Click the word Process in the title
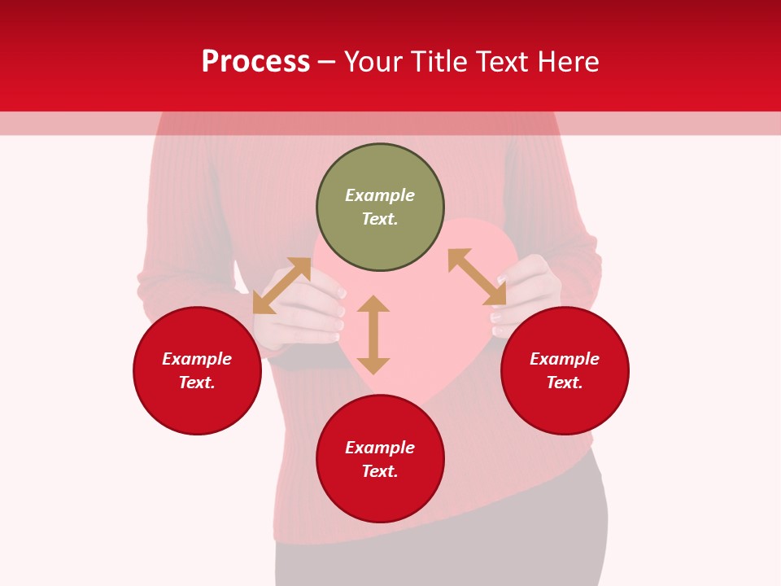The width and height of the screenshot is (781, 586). click(255, 62)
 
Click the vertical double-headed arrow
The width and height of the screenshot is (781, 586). click(373, 335)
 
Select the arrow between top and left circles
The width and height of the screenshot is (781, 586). click(281, 286)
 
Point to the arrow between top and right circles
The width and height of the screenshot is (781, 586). click(477, 277)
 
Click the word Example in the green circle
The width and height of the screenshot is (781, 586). click(380, 195)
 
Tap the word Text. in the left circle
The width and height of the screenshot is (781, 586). click(197, 383)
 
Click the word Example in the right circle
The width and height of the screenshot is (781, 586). click(565, 359)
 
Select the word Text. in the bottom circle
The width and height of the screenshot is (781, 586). click(380, 471)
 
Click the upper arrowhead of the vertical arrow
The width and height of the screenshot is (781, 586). click(373, 303)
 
